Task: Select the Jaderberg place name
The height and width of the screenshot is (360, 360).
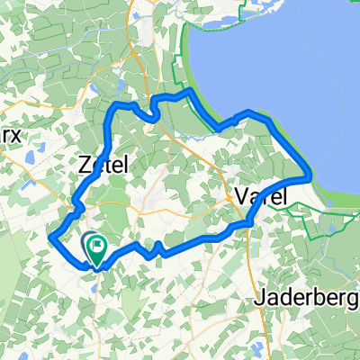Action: pos(306,298)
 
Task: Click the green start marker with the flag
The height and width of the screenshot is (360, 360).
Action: pos(94,245)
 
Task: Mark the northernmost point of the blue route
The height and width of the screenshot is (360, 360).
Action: pos(187,91)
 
